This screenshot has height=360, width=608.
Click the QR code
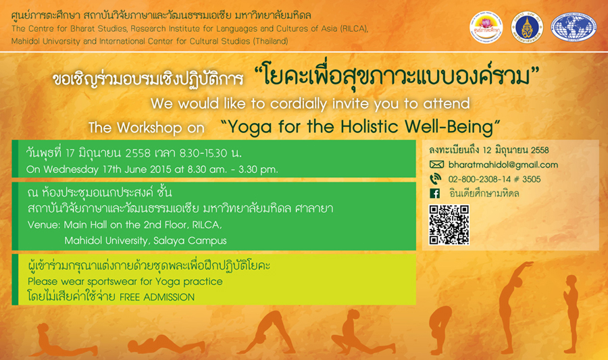click(x=449, y=225)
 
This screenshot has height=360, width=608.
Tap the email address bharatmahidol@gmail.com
click(x=503, y=165)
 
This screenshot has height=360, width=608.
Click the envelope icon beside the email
click(x=436, y=165)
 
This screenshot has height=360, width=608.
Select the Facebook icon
click(x=434, y=193)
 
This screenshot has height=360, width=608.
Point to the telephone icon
click(x=436, y=179)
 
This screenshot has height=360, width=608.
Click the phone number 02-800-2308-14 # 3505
click(x=495, y=179)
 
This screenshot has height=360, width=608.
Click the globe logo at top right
click(x=574, y=28)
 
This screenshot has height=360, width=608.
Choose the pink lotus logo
click(x=486, y=28)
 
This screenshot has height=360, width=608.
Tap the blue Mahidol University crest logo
click(x=527, y=28)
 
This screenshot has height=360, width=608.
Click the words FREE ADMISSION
click(x=157, y=297)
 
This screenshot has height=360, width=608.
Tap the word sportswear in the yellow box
click(x=112, y=282)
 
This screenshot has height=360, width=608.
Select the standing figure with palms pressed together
click(x=570, y=314)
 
